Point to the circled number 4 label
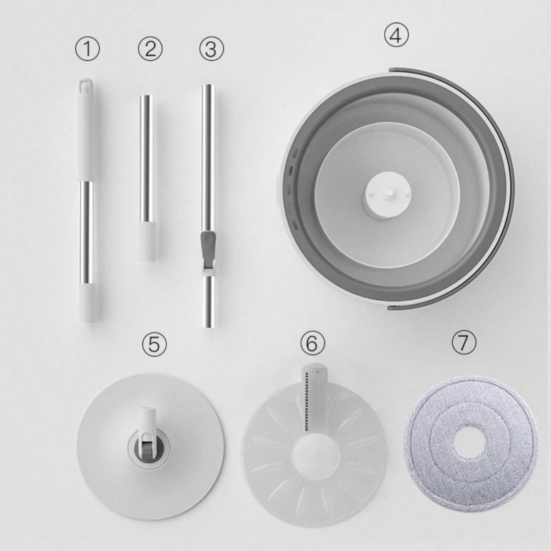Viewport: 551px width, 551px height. coord(396,35)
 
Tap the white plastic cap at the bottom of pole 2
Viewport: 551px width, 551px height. coord(148,242)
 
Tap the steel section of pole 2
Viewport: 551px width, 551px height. coord(146,159)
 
